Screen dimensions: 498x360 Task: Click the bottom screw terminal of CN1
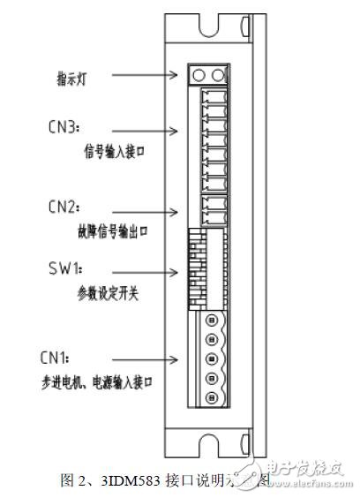(212, 399)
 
